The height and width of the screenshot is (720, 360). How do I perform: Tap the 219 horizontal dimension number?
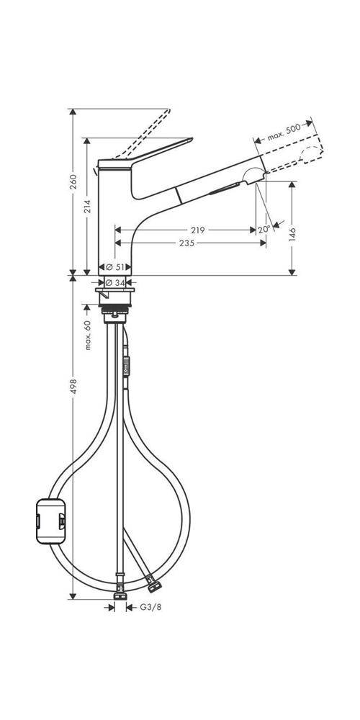(199, 230)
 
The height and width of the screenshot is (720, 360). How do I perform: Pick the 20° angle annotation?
(264, 230)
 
